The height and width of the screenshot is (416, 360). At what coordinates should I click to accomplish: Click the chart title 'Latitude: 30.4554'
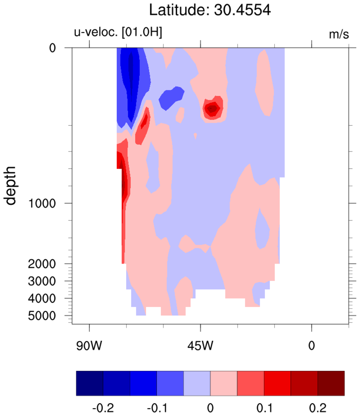tap(209, 9)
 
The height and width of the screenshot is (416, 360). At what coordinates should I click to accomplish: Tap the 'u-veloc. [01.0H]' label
tap(118, 33)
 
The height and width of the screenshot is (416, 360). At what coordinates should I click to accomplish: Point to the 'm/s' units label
tap(339, 34)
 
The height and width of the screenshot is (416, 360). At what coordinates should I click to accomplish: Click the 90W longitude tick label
tap(89, 346)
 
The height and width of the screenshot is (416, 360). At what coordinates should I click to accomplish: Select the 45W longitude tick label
tap(200, 346)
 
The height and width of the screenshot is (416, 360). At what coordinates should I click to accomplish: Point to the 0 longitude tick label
tap(312, 346)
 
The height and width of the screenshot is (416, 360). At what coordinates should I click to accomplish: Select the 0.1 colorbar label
tap(264, 408)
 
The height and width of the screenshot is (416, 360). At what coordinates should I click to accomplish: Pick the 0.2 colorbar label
tap(317, 408)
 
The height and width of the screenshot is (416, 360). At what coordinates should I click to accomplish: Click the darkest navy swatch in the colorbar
tap(89, 384)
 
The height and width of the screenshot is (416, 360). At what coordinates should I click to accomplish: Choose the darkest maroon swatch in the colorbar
tap(331, 384)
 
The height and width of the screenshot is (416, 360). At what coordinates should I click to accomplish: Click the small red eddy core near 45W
tap(212, 109)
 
